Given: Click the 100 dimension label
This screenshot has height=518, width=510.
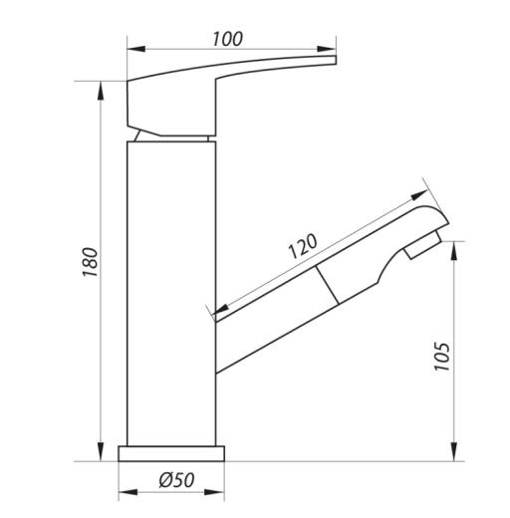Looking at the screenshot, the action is coord(228,39).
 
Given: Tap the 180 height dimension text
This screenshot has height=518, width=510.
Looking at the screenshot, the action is coord(90,262).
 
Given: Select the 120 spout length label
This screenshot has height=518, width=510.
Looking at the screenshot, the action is coord(303,246).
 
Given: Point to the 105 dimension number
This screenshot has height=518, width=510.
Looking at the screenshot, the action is coord(442,357).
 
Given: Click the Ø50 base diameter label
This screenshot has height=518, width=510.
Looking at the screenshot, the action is coord(176,480).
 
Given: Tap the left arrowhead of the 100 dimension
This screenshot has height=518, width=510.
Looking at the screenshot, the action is coord(136,49).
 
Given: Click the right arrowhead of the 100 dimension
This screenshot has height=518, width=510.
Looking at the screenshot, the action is coord(327,49).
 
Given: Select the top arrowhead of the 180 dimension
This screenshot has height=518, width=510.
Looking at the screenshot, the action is coord(101,91).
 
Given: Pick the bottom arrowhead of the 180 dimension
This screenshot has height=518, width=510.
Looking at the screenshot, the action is coord(101,451).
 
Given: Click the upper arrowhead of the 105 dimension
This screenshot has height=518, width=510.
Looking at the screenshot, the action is coord(455,251).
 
